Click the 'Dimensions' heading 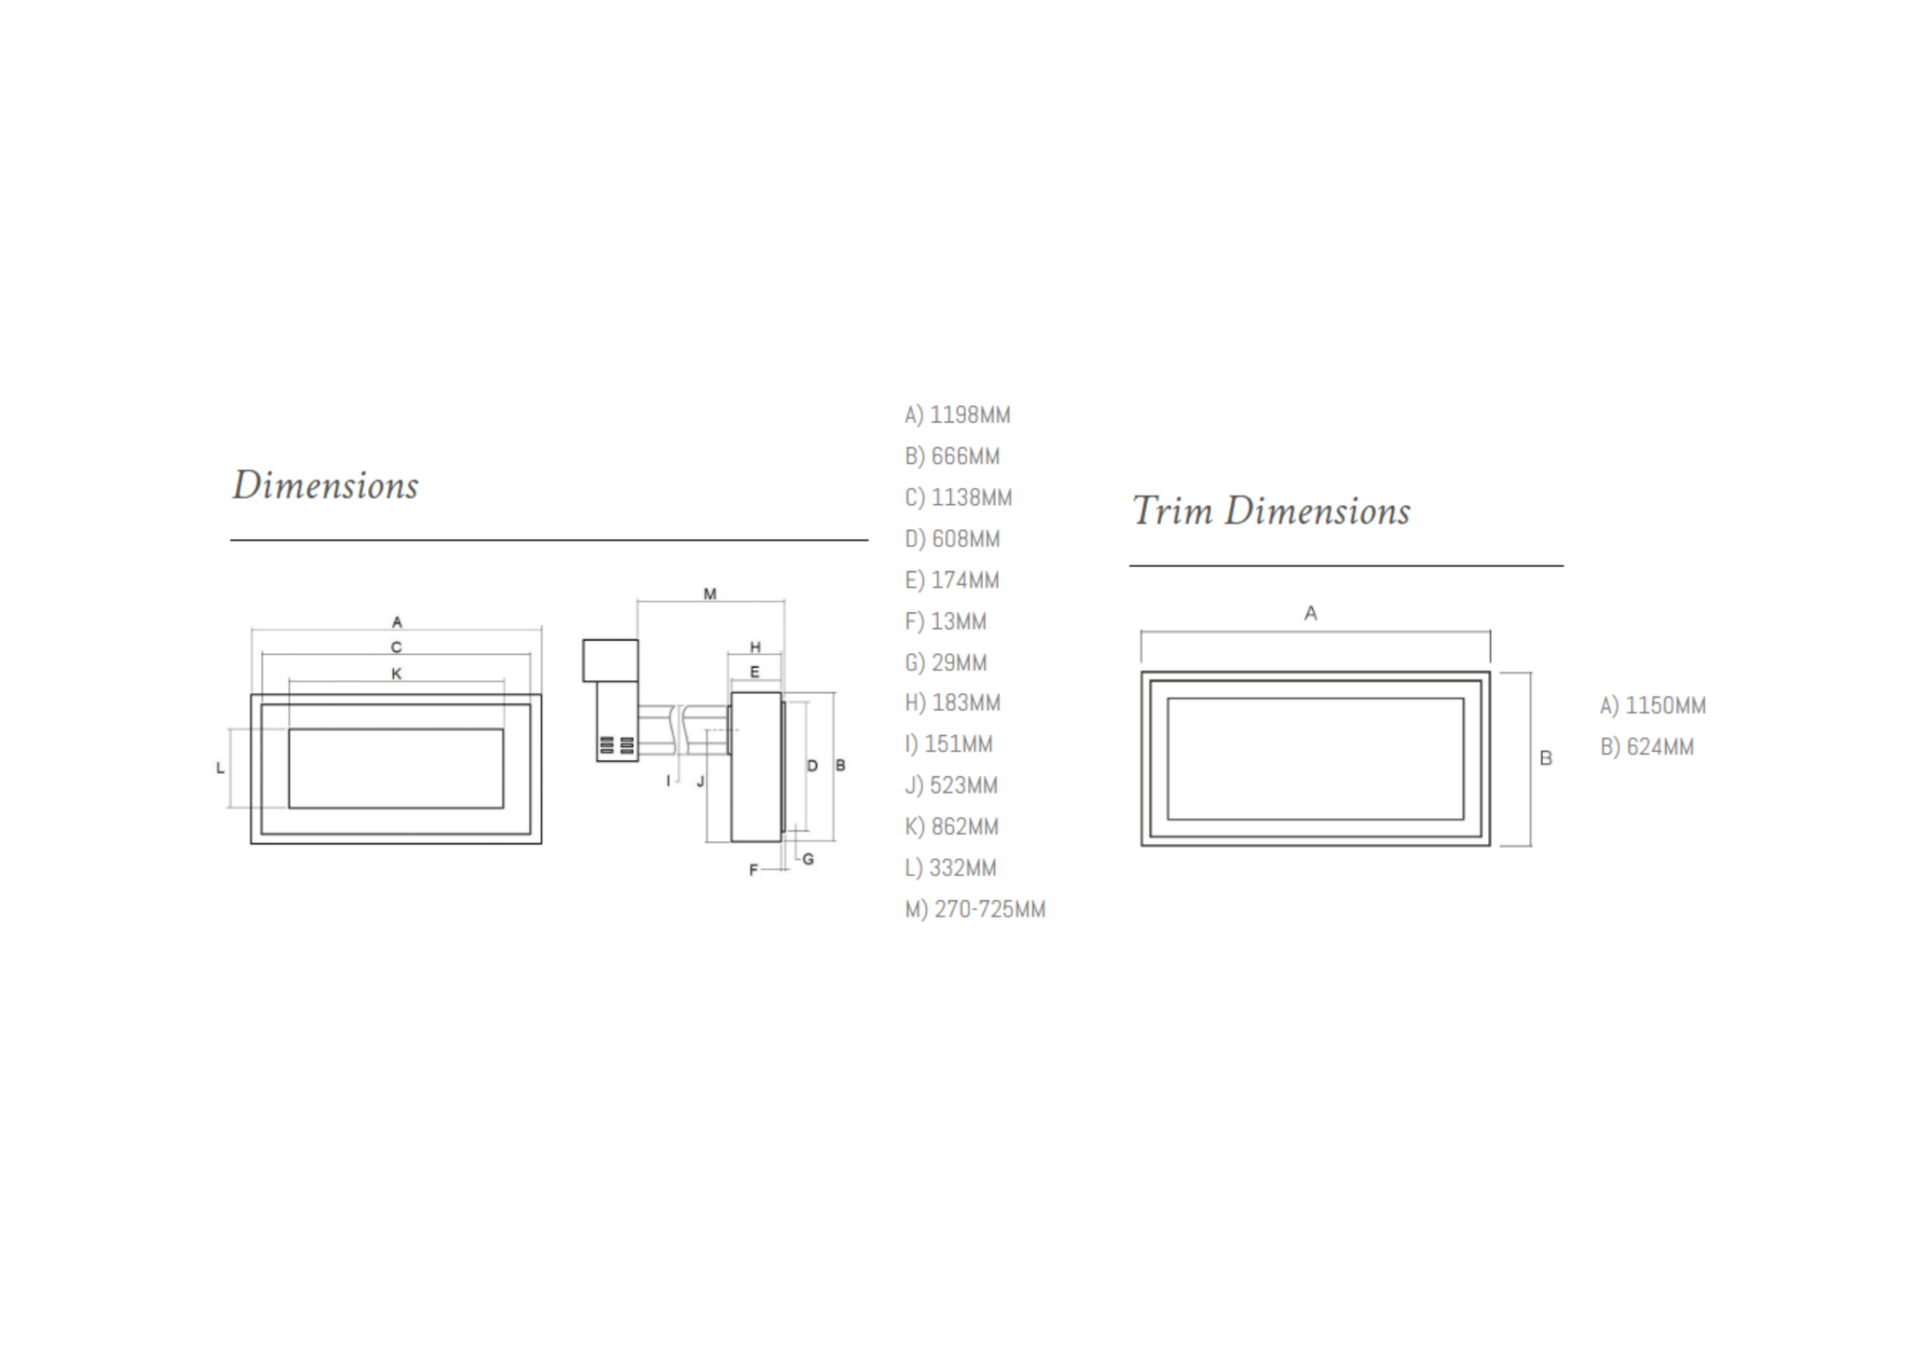click(x=326, y=486)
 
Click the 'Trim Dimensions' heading click(x=1271, y=510)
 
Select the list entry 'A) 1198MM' click(x=957, y=415)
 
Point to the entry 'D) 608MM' click(x=952, y=539)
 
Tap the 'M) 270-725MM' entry click(x=975, y=910)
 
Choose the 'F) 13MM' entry click(x=945, y=621)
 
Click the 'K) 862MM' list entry click(x=952, y=827)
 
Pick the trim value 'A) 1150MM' click(x=1653, y=706)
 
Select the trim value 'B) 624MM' click(x=1646, y=747)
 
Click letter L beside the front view click(x=220, y=768)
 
